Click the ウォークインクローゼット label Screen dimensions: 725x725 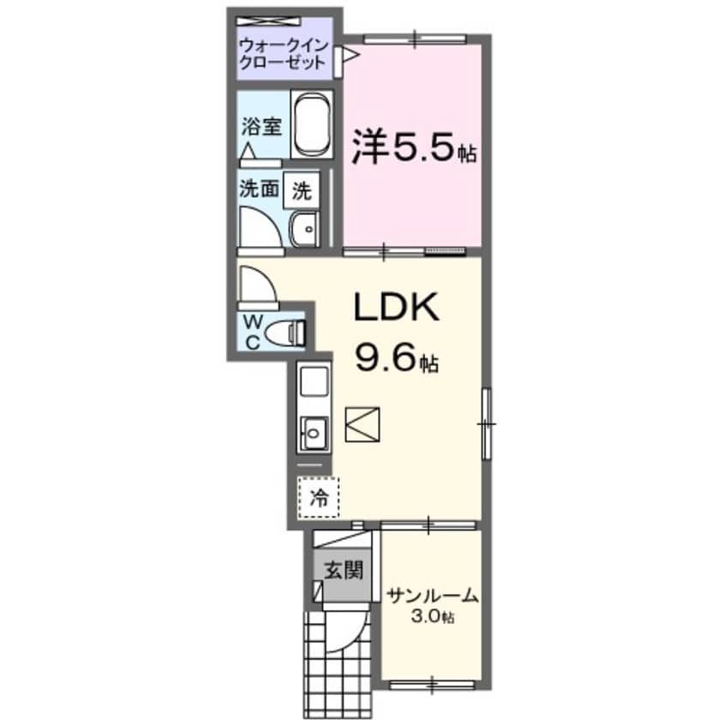pos(283,53)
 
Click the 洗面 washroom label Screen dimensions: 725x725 pos(259,189)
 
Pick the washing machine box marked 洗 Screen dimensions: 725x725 pos(302,189)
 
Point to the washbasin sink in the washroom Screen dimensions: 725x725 pos(304,230)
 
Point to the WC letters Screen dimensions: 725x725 pos(253,332)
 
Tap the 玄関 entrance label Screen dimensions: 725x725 pos(341,568)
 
